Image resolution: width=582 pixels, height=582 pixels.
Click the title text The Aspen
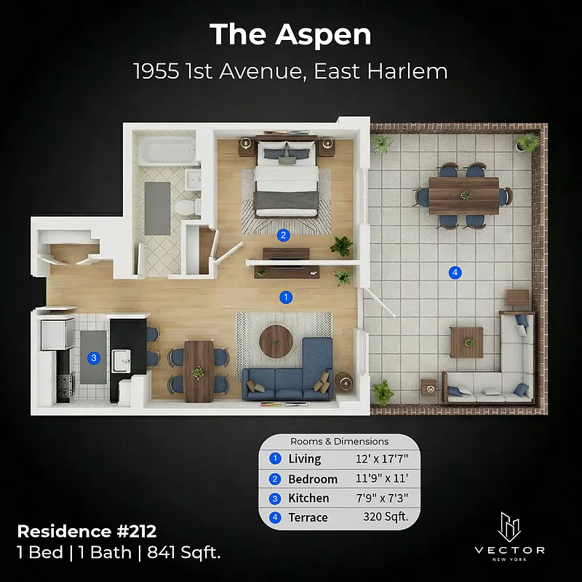tap(290, 34)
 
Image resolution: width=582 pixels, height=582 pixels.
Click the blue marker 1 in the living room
tap(287, 297)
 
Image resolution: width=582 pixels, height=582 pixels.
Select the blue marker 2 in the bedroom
tap(284, 235)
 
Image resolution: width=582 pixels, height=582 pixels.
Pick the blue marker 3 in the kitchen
tap(93, 357)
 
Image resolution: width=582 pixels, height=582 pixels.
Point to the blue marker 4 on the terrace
tap(455, 273)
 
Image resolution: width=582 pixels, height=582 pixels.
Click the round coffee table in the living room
tap(277, 340)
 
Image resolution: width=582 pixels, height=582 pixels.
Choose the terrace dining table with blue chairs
tap(463, 195)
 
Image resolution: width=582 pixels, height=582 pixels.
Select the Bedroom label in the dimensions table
tap(313, 479)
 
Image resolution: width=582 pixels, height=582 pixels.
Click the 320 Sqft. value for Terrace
tap(386, 517)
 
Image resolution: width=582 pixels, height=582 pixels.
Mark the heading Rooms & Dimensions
tap(339, 442)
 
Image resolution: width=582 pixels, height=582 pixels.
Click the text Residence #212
tap(87, 531)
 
